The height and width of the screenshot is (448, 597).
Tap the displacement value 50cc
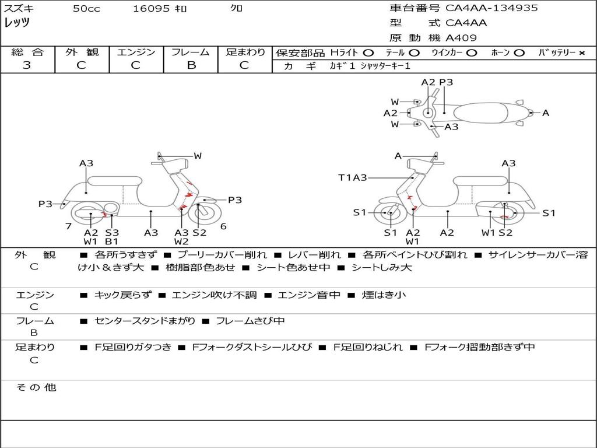coord(86,9)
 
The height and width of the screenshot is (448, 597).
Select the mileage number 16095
coord(151,9)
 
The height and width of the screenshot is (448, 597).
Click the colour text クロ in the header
coord(237,9)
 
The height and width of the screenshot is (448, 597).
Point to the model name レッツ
coord(17,23)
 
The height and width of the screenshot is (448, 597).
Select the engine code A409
coord(461,38)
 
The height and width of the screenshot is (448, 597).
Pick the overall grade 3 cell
coord(27,65)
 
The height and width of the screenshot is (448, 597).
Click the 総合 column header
coord(27,52)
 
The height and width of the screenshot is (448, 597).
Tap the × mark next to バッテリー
coord(581,53)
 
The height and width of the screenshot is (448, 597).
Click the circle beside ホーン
coord(519,53)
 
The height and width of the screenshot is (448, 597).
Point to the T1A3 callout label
coord(352,177)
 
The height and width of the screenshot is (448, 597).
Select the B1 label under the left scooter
coord(111,241)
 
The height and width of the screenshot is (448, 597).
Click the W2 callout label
coord(181,241)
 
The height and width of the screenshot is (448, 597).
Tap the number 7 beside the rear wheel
coord(68,226)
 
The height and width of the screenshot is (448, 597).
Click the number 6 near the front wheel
coord(223,226)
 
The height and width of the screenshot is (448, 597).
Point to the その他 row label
coord(36,387)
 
